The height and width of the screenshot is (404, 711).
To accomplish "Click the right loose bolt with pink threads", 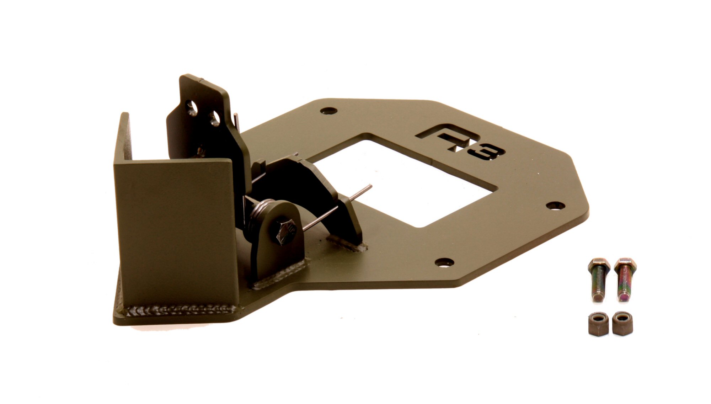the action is [x=625, y=280].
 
